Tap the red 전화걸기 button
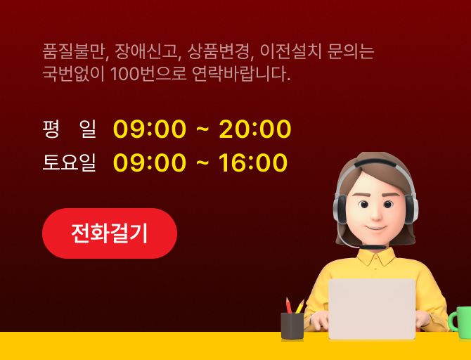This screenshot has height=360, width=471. (x=110, y=233)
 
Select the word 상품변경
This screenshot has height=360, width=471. (x=219, y=51)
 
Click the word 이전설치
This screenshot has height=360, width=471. (x=291, y=51)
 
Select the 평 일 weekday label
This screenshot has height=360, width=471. (x=70, y=129)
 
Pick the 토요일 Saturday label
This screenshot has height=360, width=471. (x=70, y=162)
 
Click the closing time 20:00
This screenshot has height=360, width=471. (x=255, y=129)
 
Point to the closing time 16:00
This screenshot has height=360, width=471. (x=253, y=162)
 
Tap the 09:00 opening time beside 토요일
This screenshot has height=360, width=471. (x=150, y=162)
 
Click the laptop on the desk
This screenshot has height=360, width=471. (x=372, y=309)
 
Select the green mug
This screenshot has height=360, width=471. (x=460, y=323)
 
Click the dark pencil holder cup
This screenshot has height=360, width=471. (x=292, y=326)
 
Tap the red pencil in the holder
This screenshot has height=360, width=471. (x=289, y=305)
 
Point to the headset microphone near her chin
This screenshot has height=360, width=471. (x=373, y=247)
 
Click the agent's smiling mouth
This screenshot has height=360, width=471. (x=376, y=228)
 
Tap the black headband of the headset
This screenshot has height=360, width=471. (x=375, y=162)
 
